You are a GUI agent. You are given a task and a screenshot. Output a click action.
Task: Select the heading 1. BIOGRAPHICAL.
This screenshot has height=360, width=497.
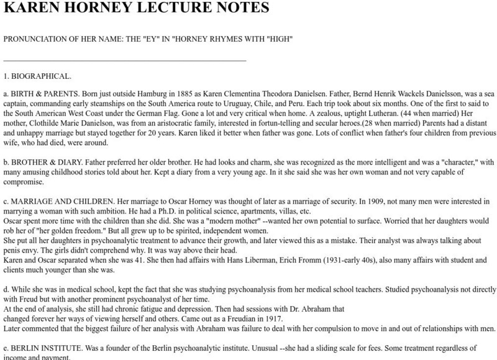click(37, 76)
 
